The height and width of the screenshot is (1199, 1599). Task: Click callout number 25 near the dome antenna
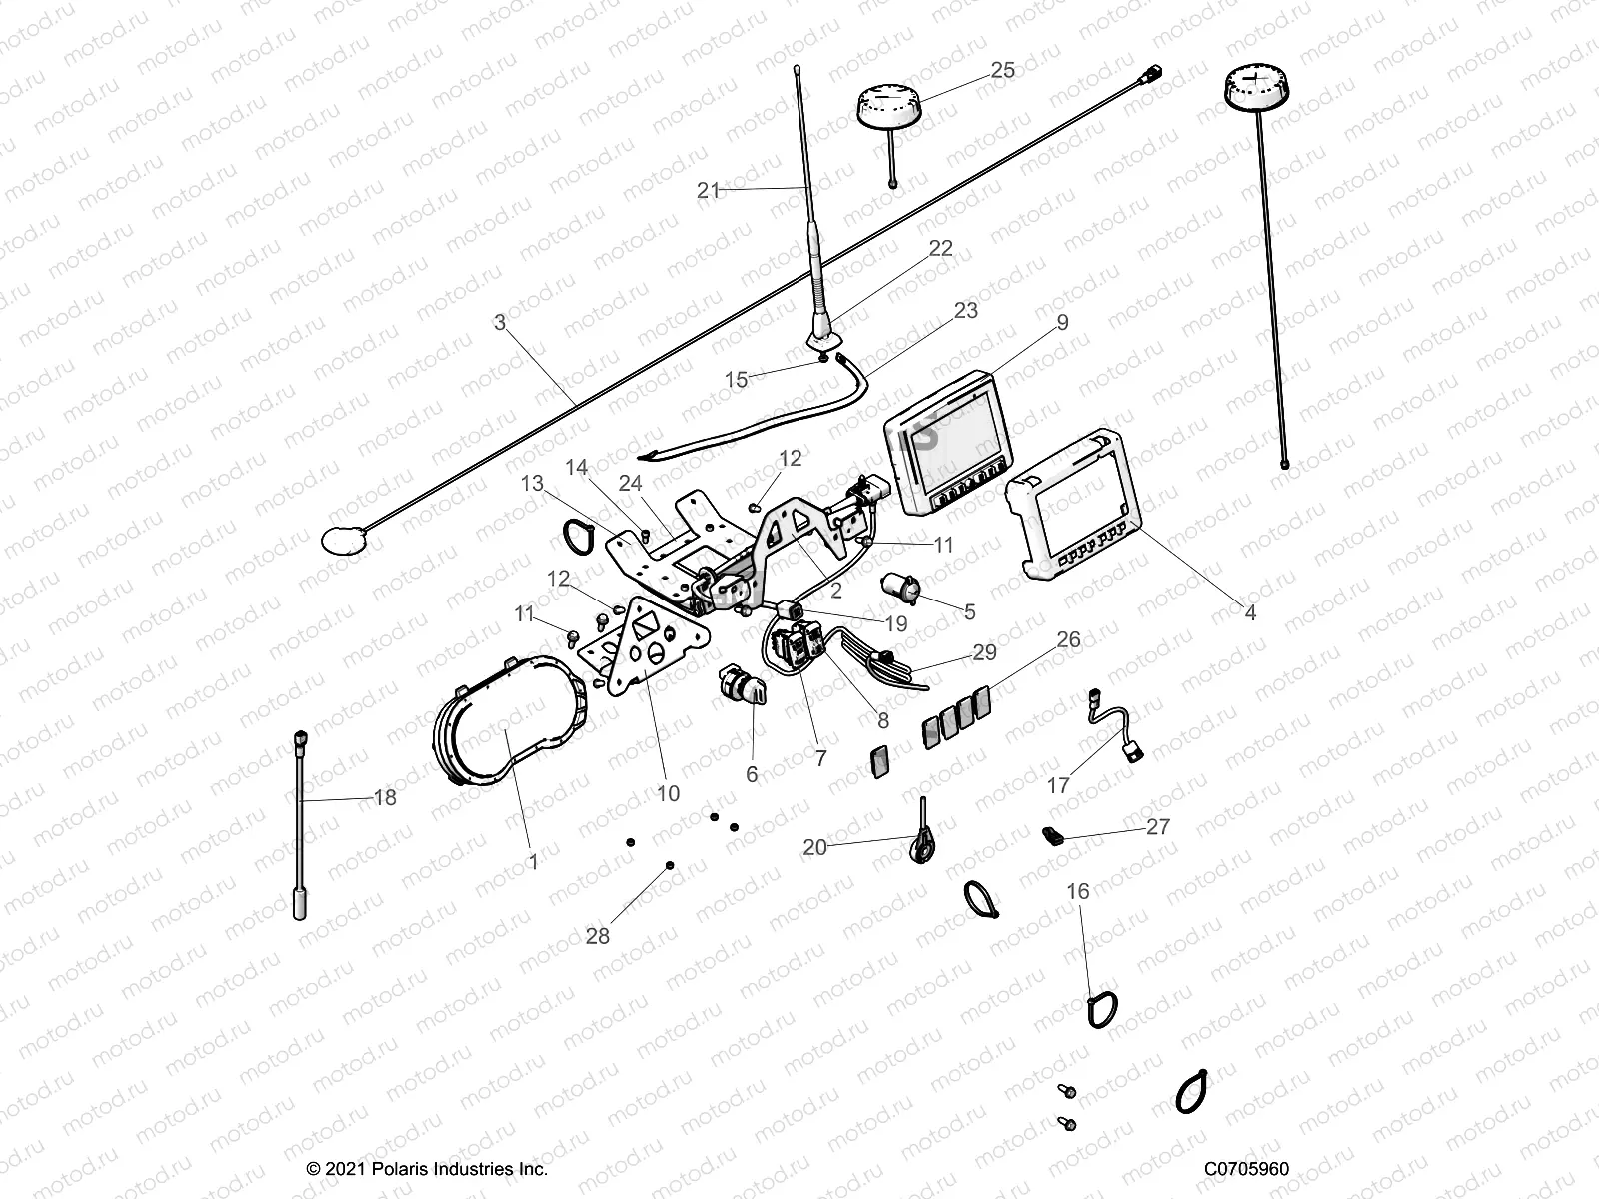1002,70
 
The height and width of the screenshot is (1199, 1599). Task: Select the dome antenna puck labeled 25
893,106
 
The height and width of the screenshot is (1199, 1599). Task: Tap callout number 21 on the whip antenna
708,190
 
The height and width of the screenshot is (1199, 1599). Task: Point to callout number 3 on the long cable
500,323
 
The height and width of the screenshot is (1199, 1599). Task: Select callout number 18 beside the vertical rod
384,798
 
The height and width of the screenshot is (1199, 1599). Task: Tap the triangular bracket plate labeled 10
645,649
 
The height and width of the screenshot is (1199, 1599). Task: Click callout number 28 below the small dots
598,936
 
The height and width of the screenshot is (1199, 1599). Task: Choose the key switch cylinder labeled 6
740,688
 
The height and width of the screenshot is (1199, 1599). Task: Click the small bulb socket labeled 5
896,589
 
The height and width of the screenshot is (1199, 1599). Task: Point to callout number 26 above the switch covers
1068,639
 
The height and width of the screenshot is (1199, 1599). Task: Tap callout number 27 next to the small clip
1157,827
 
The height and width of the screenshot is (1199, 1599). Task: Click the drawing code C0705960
1246,1169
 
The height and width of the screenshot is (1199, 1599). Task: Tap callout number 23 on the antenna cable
965,311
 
